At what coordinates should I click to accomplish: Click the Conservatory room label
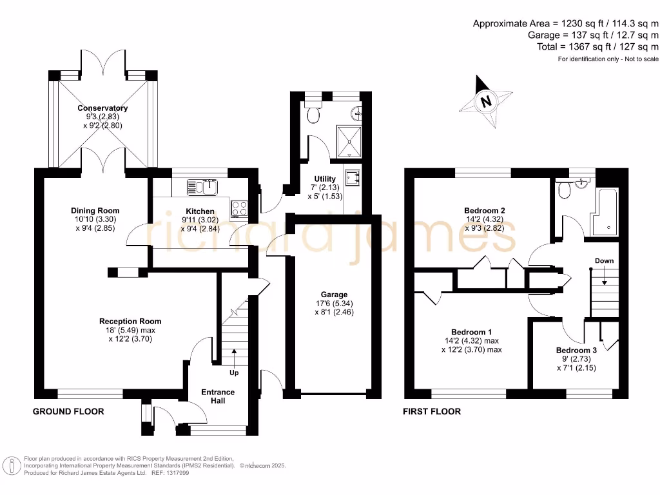coord(102,108)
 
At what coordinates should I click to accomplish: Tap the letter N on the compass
coord(486,101)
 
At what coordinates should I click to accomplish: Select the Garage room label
coord(335,295)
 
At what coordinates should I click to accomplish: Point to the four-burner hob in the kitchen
coord(240,209)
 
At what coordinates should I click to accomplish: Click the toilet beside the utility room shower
coord(313,111)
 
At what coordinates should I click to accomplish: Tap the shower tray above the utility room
coord(349,141)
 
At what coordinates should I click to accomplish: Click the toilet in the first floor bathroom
coord(564,190)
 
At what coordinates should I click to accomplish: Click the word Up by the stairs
coord(234,373)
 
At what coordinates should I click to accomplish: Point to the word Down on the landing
coord(604,261)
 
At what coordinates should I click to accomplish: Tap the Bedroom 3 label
coord(576,350)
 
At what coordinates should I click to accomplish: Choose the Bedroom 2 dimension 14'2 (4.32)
coord(484,219)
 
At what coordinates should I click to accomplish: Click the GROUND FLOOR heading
coord(68,411)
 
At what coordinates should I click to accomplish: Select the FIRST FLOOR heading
coord(432,411)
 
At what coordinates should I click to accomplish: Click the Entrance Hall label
coord(218,396)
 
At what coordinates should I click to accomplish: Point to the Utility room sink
coord(352,178)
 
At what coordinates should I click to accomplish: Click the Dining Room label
coord(95,211)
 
